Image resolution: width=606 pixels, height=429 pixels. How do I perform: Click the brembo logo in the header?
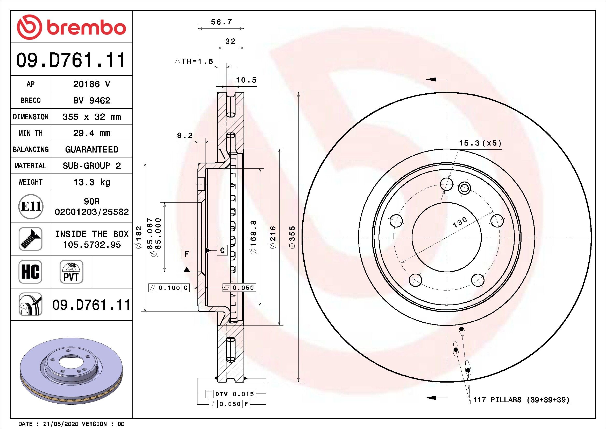(71, 27)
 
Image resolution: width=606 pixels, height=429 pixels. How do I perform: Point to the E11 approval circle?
(31, 206)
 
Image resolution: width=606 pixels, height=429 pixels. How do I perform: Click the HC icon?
(30, 272)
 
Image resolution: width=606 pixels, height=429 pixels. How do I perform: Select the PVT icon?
(71, 272)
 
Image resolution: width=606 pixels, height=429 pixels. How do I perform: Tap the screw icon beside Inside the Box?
(30, 239)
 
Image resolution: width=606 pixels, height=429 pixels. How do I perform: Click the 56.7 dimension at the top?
(221, 22)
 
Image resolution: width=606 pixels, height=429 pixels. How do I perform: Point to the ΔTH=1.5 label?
(194, 61)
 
